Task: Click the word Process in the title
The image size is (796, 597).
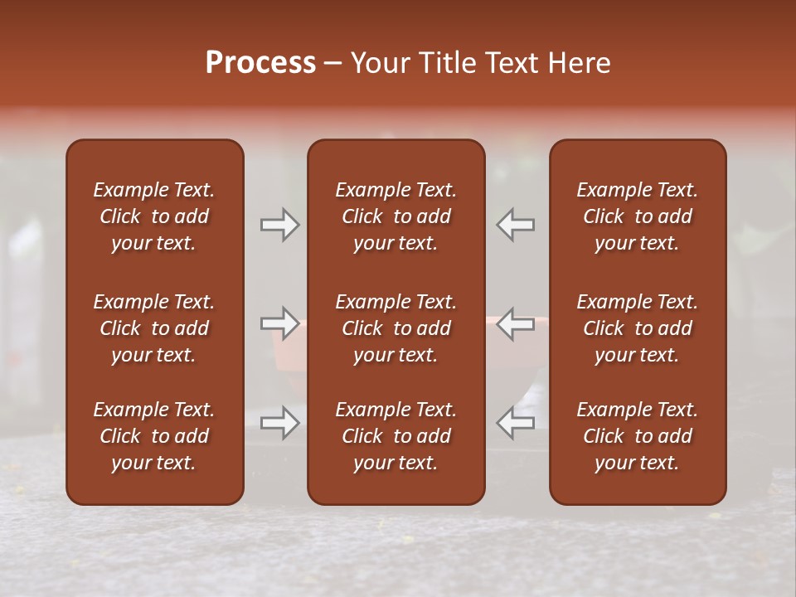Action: point(260,63)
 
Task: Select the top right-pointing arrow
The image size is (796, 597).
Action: point(279,225)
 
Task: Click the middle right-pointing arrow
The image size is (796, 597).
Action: point(279,323)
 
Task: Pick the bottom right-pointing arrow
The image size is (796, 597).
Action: point(279,423)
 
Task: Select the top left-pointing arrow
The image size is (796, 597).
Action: point(516,225)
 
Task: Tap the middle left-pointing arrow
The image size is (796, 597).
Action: point(516,323)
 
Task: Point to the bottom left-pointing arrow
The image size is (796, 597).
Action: point(516,423)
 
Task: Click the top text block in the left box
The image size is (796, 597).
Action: point(154,216)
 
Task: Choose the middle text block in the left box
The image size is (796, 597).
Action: point(154,328)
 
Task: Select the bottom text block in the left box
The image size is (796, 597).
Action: point(154,436)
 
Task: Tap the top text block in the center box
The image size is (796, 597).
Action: point(396,216)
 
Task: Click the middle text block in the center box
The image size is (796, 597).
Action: point(396,328)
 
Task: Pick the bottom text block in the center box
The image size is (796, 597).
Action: point(396,436)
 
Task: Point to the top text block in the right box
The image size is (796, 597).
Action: point(637,216)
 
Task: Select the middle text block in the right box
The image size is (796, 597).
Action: point(637,328)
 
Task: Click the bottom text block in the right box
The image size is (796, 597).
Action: point(637,436)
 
